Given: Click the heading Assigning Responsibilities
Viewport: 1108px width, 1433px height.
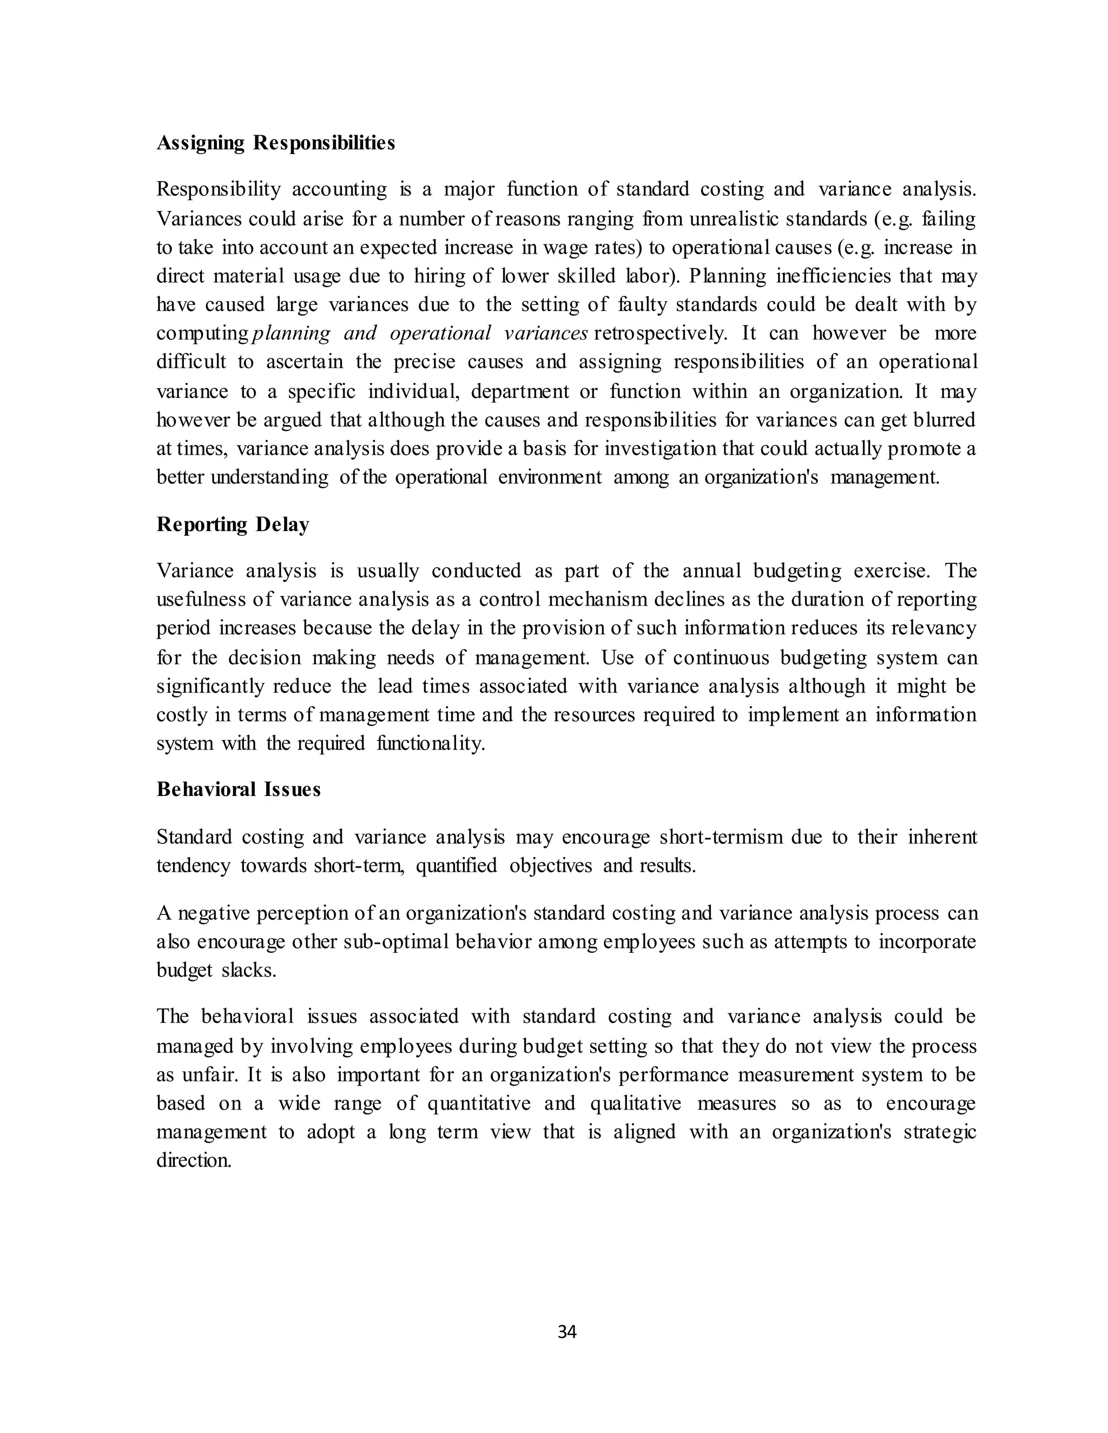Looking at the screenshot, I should click(276, 143).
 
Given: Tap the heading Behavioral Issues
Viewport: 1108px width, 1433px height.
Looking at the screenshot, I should click(238, 790).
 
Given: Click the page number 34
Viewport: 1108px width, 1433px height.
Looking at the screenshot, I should click(566, 1331).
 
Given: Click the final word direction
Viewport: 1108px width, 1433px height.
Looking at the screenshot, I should click(194, 1160).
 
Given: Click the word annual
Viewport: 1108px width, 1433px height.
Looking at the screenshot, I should click(711, 571).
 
